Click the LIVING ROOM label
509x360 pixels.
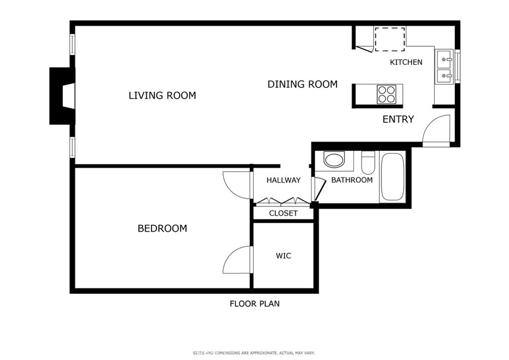point(163,95)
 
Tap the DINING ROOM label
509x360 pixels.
point(303,85)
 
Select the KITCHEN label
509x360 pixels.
point(406,62)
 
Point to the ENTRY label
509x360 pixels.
point(398,119)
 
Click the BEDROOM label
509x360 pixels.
point(163,229)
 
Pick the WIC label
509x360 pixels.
point(283,256)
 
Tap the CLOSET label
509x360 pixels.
point(283,213)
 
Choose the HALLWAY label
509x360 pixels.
point(283,180)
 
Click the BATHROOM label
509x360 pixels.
point(352,180)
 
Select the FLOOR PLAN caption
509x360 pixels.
point(254,304)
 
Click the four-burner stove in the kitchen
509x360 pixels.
point(386,94)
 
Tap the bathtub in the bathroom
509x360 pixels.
point(393,177)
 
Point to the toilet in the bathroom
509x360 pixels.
point(368,164)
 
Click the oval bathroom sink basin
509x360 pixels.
point(334,160)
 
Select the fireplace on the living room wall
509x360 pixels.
point(62,96)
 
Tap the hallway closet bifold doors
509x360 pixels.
point(281,201)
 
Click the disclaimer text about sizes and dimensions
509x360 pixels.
point(254,353)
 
